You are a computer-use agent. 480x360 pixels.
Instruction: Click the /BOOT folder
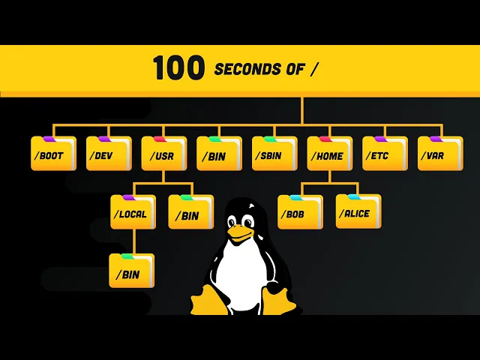coord(53,154)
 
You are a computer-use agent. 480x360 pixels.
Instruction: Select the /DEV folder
coord(109,154)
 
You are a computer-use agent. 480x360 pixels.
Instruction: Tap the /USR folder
coord(164,154)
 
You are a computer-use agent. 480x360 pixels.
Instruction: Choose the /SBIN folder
coord(274,154)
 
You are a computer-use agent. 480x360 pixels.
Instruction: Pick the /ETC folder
coord(385,154)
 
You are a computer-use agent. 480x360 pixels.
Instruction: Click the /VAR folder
coord(440,154)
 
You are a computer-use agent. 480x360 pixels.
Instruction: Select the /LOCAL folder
coord(133,212)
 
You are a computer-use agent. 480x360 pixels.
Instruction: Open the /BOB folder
coord(300,212)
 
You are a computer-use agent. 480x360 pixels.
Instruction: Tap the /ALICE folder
coord(358,212)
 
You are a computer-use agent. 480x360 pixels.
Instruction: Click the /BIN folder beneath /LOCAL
coord(131,271)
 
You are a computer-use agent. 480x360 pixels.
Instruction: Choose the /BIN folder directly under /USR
coord(190,212)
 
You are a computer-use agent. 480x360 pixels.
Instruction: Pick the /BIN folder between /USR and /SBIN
coord(219,154)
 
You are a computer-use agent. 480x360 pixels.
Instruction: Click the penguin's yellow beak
coord(240,234)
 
